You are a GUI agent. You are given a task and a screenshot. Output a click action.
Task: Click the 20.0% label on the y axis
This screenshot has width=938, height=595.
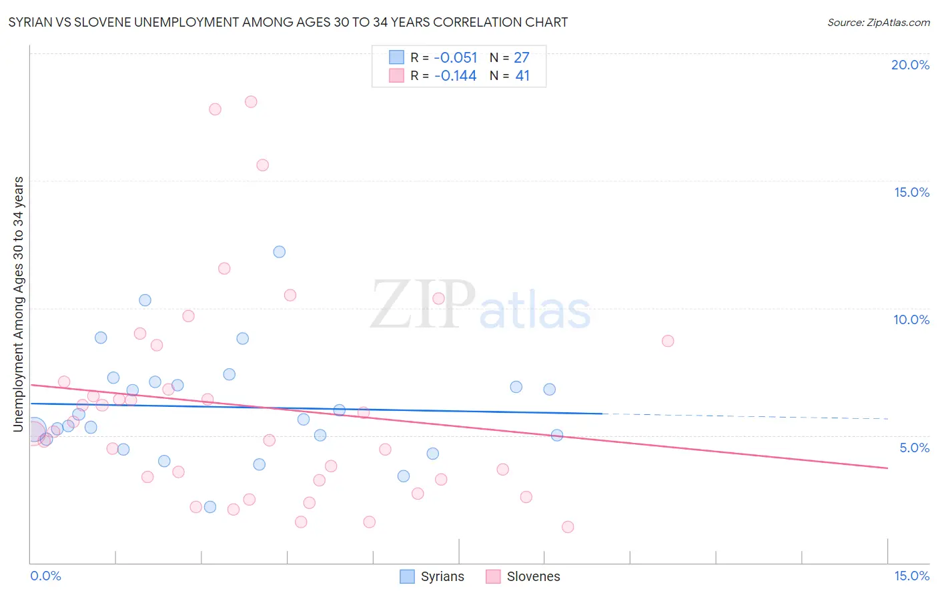(x=910, y=65)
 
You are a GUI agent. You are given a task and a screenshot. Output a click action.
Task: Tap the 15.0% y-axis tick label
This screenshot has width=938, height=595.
(x=911, y=192)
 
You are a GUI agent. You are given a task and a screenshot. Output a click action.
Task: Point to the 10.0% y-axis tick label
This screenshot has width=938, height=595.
(x=911, y=320)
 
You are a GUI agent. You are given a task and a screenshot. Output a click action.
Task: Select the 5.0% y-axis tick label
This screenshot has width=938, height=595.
(x=914, y=448)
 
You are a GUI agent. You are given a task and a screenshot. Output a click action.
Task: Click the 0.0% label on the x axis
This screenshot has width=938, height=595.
(x=45, y=576)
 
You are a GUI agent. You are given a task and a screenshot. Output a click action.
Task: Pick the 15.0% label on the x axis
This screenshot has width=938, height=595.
(x=911, y=576)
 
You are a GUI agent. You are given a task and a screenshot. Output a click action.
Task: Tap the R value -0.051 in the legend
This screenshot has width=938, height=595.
(x=455, y=58)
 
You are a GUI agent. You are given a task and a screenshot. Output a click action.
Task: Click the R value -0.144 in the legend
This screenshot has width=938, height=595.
(x=455, y=76)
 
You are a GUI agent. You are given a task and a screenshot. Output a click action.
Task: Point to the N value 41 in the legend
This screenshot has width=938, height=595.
(x=522, y=76)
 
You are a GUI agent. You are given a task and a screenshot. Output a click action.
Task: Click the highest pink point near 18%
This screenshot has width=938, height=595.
(x=251, y=102)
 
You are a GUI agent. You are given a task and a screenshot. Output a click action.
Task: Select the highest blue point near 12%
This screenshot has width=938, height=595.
(x=280, y=251)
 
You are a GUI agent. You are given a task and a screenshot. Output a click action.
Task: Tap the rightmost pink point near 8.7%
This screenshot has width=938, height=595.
(x=668, y=341)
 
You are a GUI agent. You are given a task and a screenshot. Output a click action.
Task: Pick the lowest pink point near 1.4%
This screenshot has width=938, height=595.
(x=568, y=527)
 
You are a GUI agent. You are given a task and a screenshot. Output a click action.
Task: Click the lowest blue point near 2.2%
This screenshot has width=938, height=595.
(x=210, y=507)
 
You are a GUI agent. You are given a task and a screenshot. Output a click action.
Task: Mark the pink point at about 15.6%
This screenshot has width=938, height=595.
(x=262, y=165)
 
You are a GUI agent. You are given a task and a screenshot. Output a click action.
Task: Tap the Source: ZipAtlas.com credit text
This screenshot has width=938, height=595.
(x=878, y=22)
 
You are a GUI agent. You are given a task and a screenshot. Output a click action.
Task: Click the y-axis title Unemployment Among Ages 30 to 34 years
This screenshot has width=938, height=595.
(x=19, y=304)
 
